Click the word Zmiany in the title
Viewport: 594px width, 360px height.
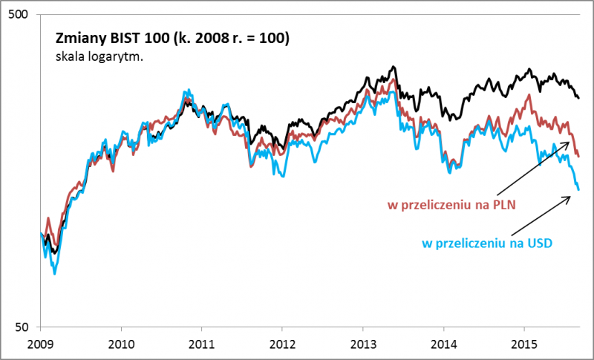pos(78,39)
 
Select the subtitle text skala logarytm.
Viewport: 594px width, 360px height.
pos(99,56)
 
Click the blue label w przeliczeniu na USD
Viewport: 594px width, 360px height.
pos(488,243)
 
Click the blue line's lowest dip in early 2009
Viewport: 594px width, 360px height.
pos(55,273)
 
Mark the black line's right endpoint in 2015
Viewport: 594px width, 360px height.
pos(578,98)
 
